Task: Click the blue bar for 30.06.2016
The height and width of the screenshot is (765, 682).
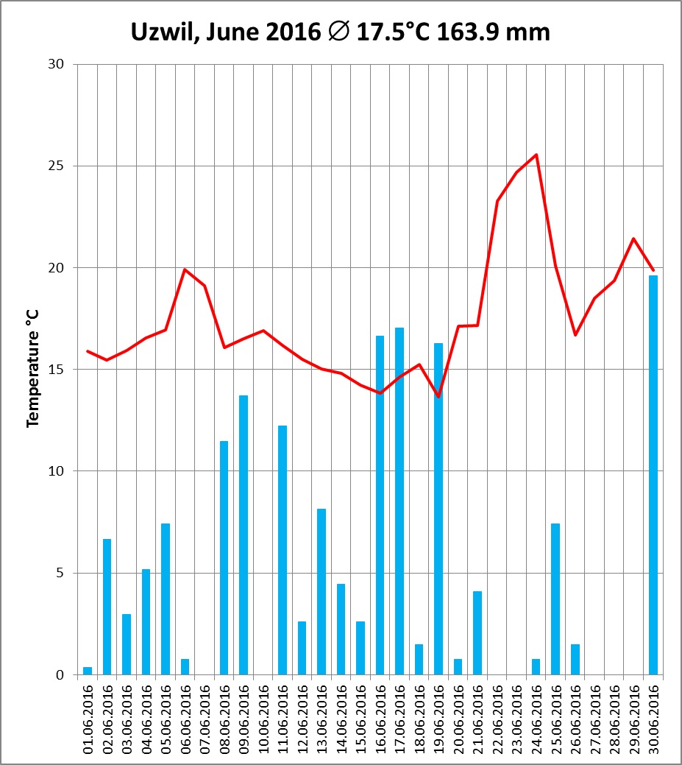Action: tap(653, 475)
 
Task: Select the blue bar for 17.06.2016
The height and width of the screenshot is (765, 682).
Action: tap(399, 501)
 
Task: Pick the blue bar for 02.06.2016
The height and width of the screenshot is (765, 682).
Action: tap(107, 607)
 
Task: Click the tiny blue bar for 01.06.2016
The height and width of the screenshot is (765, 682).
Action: tap(88, 671)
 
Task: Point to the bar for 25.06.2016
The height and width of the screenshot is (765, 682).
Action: tap(555, 599)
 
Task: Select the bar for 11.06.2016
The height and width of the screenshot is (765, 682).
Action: tap(283, 550)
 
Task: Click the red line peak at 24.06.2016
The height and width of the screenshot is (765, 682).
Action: tap(536, 155)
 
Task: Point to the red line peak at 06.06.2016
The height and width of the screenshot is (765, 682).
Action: tap(185, 269)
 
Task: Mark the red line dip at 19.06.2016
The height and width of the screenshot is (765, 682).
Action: tap(438, 396)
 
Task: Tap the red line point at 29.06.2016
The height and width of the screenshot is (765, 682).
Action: tap(633, 239)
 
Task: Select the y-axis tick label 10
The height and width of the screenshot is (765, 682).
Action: tap(57, 471)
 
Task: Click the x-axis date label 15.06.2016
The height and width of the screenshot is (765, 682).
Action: tap(360, 719)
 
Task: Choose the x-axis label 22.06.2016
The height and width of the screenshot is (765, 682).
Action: tap(497, 719)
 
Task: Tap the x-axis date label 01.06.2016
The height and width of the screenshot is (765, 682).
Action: tap(88, 719)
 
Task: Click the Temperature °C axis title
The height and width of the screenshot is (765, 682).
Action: tap(33, 368)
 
